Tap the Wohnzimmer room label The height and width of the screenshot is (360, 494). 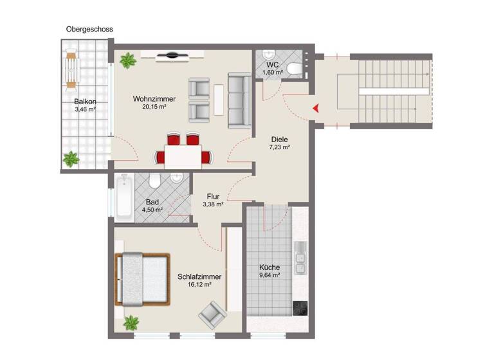click(x=154, y=99)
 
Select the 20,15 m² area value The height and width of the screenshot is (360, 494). click(x=154, y=107)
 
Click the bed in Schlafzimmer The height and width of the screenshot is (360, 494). click(x=143, y=279)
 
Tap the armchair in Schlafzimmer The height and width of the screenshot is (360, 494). click(x=211, y=315)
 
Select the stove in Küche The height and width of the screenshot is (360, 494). click(x=300, y=309)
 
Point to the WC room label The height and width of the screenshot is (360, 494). click(x=272, y=64)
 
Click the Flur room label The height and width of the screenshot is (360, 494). click(x=215, y=197)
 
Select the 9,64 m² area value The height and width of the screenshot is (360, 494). click(x=270, y=275)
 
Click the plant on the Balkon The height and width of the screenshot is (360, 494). click(x=70, y=158)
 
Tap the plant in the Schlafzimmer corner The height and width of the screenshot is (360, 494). click(x=132, y=321)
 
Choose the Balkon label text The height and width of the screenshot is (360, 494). click(x=85, y=102)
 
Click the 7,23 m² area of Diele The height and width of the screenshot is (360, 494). click(x=279, y=147)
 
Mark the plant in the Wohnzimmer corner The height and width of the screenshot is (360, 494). click(x=126, y=61)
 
